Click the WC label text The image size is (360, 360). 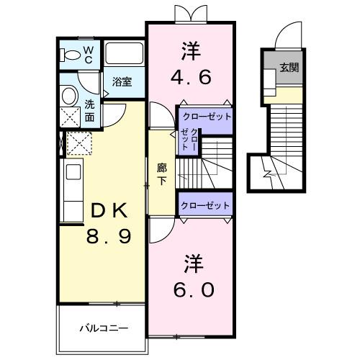point(88,54)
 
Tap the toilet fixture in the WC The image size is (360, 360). point(70,55)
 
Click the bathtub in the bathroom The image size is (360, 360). point(125,54)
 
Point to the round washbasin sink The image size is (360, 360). point(69,96)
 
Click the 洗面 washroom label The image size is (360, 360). point(90,109)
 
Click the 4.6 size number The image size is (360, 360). point(191,76)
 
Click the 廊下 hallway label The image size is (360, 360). point(162,174)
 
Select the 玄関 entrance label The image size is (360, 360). point(289,68)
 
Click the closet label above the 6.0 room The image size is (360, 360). point(205,205)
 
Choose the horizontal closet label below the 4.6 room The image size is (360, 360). point(205,115)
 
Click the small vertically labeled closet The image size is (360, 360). point(189,139)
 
